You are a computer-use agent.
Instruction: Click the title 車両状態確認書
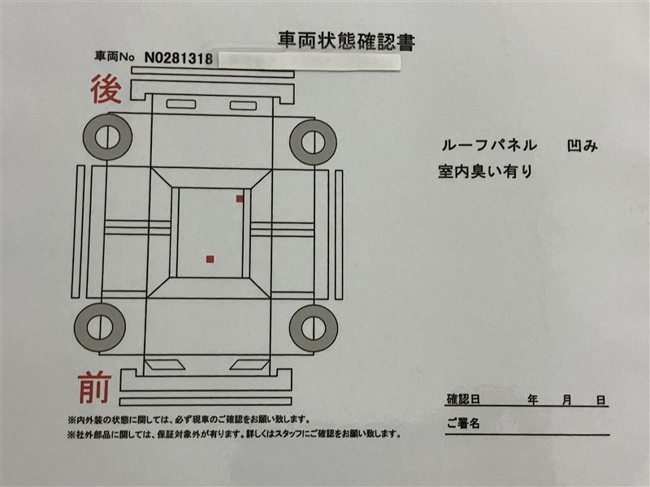point(346,41)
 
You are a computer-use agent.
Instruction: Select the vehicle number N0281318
point(179,58)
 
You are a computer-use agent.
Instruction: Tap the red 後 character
point(106,89)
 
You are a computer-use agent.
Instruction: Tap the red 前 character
point(94,387)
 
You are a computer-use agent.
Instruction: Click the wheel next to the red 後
point(107,136)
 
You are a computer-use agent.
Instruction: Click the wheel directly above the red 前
point(99,327)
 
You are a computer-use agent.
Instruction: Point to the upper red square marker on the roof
point(240,199)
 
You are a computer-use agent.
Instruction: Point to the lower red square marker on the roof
point(210,259)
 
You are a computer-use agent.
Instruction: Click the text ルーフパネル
point(489,145)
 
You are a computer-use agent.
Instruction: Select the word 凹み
point(582,145)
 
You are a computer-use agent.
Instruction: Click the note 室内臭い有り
point(485,171)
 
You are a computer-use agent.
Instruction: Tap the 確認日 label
point(463,399)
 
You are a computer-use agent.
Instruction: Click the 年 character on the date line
point(533,399)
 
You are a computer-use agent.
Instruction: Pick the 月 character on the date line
point(566,399)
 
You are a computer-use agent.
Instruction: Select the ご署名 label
point(463,423)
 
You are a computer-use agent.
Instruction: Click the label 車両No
point(115,56)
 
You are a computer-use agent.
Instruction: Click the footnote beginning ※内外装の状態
point(188,420)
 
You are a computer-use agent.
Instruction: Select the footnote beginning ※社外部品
point(234,434)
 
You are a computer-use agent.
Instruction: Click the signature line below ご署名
point(527,435)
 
